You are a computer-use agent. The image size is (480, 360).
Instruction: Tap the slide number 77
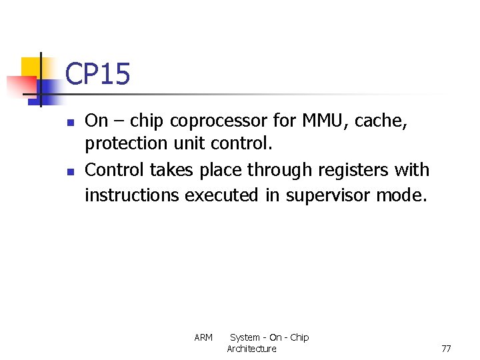446,349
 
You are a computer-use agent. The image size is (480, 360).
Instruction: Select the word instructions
132,195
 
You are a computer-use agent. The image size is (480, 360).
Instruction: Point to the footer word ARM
203,337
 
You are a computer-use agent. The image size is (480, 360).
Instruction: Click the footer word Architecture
251,349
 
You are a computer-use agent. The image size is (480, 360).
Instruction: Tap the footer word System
245,337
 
